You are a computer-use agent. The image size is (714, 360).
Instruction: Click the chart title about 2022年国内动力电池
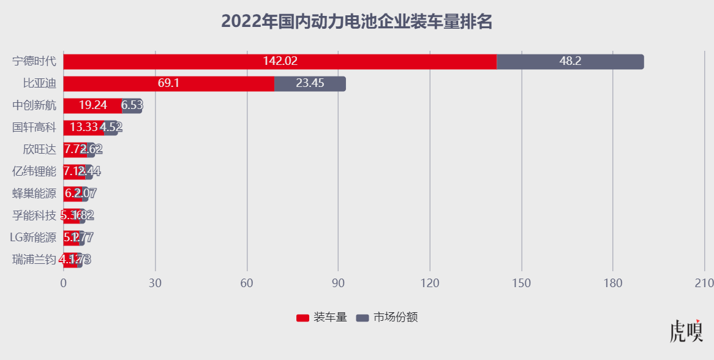tap(357, 22)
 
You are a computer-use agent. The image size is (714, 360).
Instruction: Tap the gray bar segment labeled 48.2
tap(570, 61)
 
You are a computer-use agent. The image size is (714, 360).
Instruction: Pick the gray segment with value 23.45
tap(310, 83)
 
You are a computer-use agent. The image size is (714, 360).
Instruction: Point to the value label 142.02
tap(280, 61)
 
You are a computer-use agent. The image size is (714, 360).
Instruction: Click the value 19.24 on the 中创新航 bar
tap(92, 105)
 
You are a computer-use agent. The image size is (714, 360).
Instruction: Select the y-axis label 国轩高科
tap(34, 127)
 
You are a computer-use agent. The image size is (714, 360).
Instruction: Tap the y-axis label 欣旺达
tap(39, 149)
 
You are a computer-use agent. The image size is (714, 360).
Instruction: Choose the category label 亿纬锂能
tap(34, 171)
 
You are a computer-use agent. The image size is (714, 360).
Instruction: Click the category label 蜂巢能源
tap(34, 193)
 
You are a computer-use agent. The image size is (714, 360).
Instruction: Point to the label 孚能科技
tap(34, 216)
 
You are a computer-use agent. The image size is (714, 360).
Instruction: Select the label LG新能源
tap(33, 238)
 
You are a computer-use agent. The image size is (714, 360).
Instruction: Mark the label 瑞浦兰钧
tap(34, 260)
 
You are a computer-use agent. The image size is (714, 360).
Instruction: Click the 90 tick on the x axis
tap(338, 283)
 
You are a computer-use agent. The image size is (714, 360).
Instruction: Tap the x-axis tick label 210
tap(704, 283)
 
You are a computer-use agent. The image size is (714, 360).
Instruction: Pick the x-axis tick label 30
tap(155, 283)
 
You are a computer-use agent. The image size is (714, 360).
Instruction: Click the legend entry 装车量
tap(322, 317)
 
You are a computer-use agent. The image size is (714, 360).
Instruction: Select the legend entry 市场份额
tap(388, 317)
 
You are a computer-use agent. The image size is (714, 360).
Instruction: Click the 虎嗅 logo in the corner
tap(686, 331)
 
